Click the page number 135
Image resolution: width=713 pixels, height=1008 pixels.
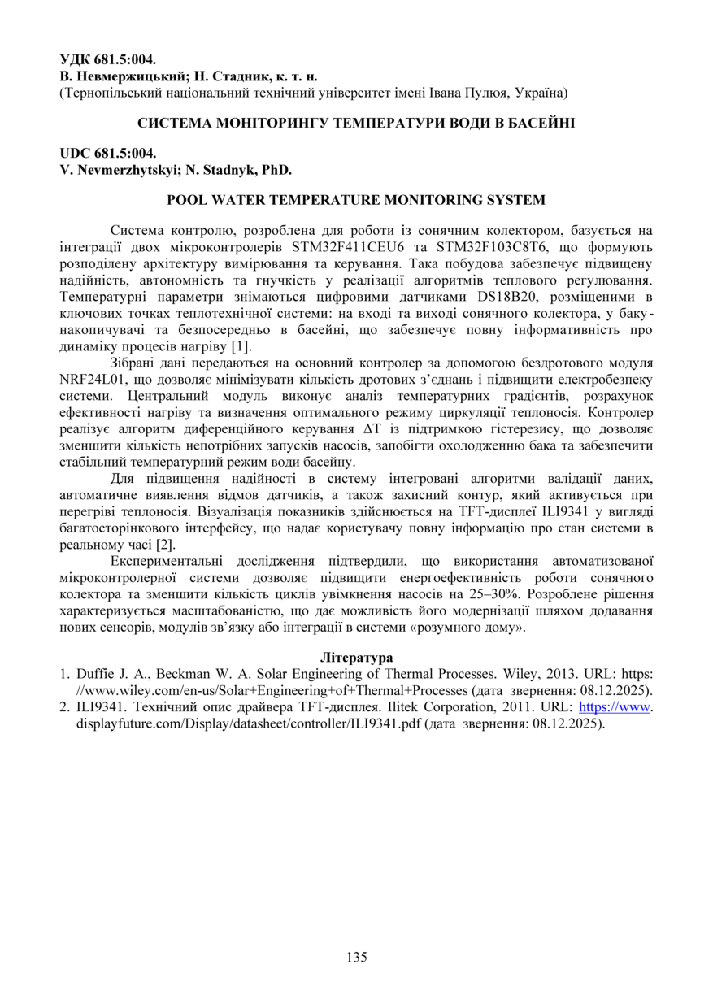tap(356, 957)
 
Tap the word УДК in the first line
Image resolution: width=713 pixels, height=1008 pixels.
tap(76, 59)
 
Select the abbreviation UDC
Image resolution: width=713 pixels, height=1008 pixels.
tap(76, 153)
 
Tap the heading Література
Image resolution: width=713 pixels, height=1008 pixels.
tap(356, 657)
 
